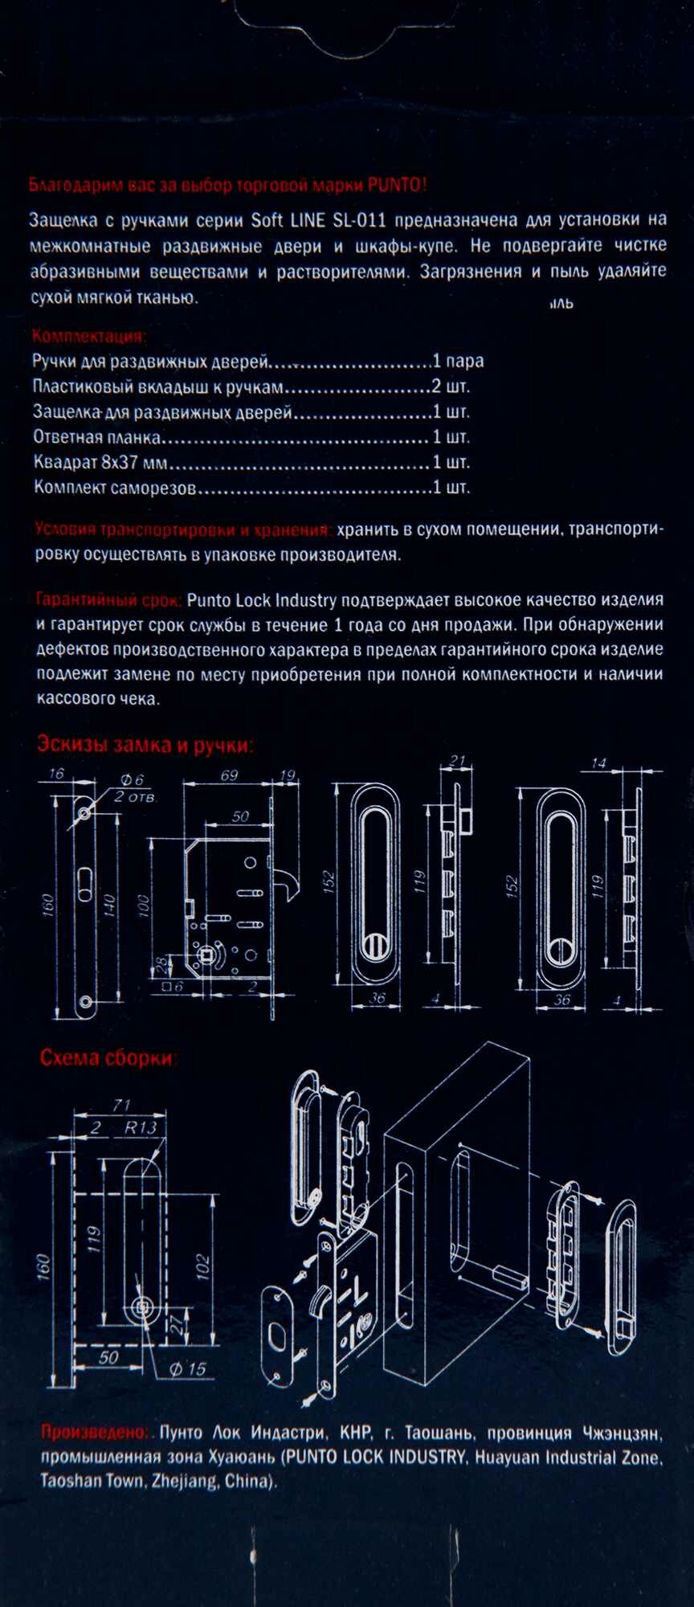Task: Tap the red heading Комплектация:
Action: (89, 337)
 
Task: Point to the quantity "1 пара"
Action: (458, 362)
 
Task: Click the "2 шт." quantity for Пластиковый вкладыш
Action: (451, 386)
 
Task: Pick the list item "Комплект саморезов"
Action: (114, 488)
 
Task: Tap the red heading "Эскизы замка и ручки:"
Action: (145, 745)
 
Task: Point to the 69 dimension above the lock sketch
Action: (229, 776)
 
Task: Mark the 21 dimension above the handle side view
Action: (458, 761)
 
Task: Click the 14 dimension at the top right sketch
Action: (598, 763)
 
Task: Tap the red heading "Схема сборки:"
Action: (108, 1058)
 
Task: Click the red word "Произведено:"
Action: (94, 1433)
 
